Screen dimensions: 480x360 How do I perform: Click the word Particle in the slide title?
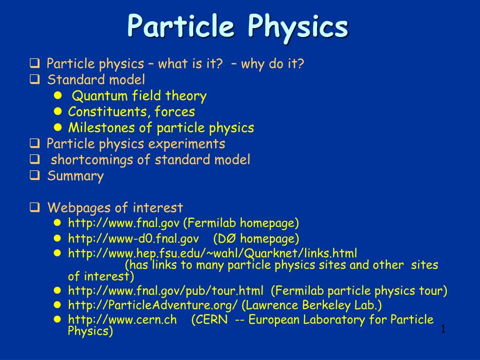(180, 25)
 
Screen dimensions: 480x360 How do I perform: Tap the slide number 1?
(443, 330)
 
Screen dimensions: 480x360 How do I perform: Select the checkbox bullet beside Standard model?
(35, 79)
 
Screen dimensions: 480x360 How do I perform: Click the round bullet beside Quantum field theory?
(58, 96)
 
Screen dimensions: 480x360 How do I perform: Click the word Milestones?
(101, 127)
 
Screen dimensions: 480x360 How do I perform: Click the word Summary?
(75, 176)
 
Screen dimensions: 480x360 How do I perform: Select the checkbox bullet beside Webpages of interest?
(35, 207)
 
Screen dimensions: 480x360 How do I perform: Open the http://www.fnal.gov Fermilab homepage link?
(124, 223)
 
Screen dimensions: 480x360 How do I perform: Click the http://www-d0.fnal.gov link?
(134, 239)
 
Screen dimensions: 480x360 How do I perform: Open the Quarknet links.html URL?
(212, 254)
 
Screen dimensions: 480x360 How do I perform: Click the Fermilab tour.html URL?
(165, 291)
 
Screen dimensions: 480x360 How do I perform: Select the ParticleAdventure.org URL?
(153, 305)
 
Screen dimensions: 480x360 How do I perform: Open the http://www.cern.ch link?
(122, 320)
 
